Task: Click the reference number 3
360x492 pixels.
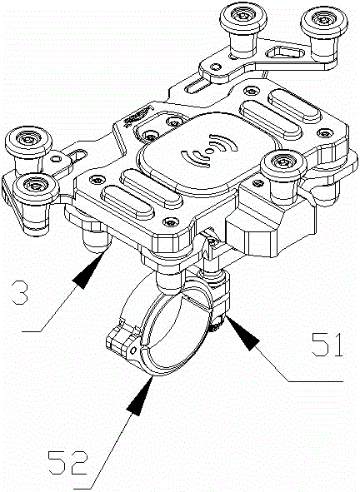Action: (20, 293)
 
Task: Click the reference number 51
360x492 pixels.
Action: (327, 345)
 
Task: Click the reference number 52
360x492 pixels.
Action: (67, 463)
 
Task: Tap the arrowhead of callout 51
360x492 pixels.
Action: (242, 333)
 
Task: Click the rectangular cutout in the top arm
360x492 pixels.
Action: (285, 52)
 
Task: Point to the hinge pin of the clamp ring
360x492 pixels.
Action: (132, 350)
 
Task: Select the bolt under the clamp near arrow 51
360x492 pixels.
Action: (217, 324)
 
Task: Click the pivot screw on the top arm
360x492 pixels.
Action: (215, 67)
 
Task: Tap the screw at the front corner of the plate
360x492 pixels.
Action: (171, 222)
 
